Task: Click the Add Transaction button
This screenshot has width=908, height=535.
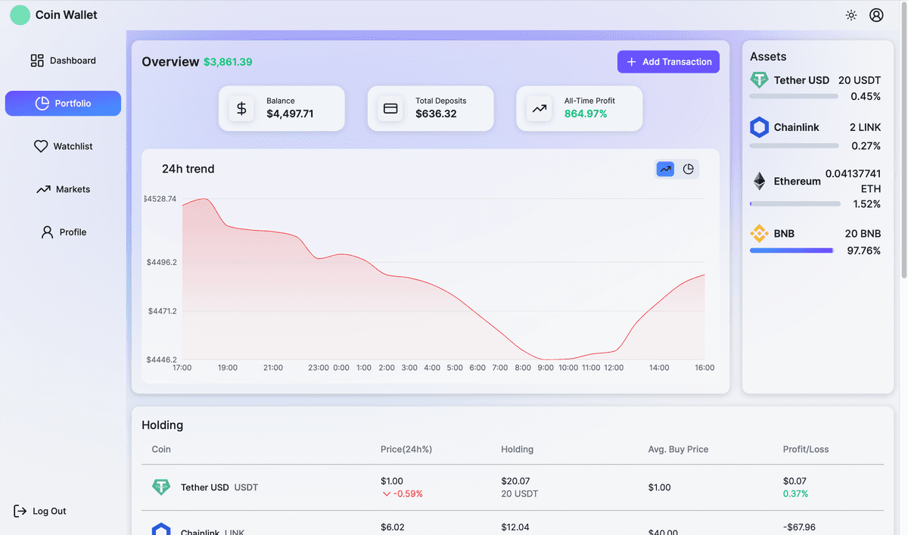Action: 668,62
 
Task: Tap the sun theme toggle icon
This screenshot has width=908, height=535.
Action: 851,15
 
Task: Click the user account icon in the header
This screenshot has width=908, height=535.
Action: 876,15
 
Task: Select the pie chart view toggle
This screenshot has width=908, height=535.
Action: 689,170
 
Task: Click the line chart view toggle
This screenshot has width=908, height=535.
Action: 665,170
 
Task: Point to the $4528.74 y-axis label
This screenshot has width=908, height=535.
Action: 160,199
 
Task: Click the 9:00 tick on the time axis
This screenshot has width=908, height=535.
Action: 546,368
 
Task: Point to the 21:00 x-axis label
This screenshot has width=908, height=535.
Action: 273,368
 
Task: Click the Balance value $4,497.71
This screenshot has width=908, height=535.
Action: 290,114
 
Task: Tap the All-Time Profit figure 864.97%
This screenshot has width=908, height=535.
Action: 586,114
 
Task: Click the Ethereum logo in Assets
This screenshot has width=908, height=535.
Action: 759,182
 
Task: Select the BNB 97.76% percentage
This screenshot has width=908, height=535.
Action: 863,250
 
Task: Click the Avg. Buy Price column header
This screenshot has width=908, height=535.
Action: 678,449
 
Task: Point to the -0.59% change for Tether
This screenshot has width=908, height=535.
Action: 408,494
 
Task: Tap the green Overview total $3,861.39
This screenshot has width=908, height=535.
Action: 228,62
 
